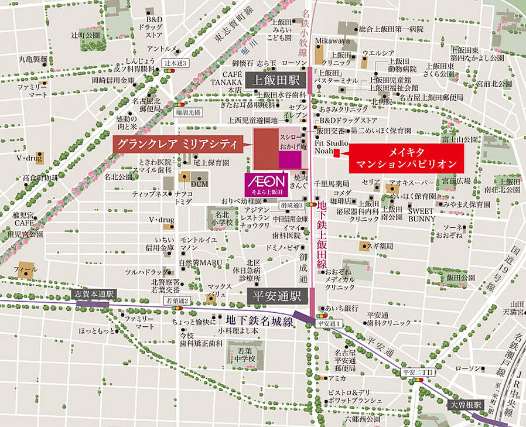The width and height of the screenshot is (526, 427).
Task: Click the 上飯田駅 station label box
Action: point(272,80)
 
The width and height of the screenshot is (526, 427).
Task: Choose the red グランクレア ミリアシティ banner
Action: point(177,144)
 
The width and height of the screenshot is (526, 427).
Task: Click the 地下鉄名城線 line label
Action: point(258,319)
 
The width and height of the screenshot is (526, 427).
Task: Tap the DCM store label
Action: point(199,183)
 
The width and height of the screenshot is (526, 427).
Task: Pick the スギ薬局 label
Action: point(381,245)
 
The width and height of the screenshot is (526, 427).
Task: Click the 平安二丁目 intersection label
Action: point(418,373)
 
